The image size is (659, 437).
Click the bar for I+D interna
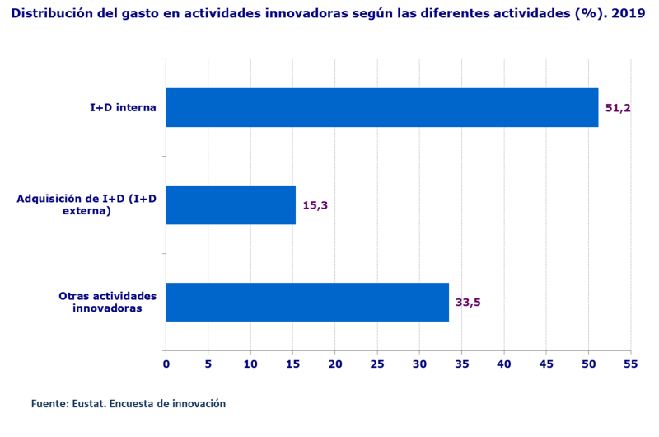(x=381, y=107)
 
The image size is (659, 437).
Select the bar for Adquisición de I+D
(x=231, y=204)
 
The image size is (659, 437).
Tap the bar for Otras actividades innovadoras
(x=307, y=302)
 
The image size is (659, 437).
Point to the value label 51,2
(x=618, y=108)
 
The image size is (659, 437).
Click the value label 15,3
(x=315, y=205)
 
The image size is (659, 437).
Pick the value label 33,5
(x=468, y=303)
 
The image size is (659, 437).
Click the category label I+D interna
(x=123, y=107)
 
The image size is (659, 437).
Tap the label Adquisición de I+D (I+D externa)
(x=86, y=204)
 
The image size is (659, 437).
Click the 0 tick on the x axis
(x=166, y=364)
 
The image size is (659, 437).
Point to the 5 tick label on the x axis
(x=208, y=364)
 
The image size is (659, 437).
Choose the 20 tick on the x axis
(x=334, y=364)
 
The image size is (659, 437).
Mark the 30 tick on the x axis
(x=419, y=364)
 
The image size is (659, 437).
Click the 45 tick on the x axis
(x=546, y=364)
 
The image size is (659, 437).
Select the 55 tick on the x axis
(x=631, y=364)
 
